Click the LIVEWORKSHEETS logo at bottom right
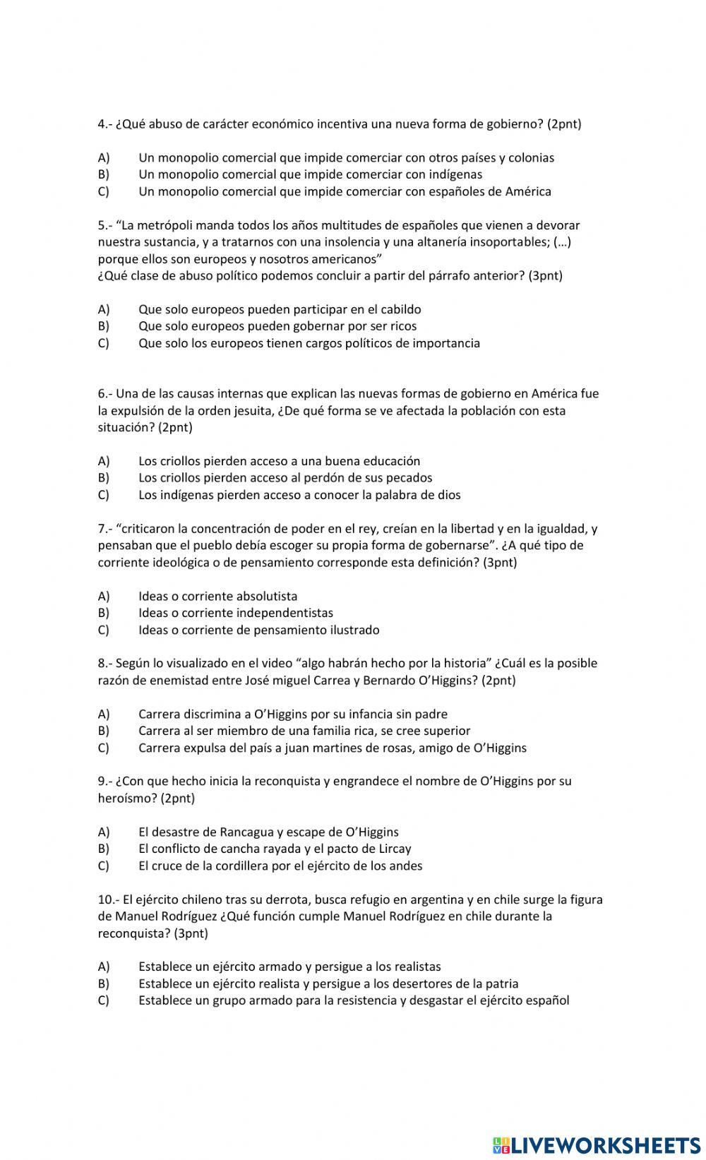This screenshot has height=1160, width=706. point(596,1144)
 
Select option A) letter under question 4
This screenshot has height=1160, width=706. point(104,157)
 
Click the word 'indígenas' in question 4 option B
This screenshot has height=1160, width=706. point(456,174)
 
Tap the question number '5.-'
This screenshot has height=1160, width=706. point(105,225)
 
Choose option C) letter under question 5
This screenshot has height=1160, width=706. point(104,343)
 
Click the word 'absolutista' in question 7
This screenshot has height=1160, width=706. point(267,597)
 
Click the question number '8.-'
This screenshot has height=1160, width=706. point(105,664)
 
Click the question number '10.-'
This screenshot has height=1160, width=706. point(109,900)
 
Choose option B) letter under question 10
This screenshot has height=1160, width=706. point(104,984)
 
